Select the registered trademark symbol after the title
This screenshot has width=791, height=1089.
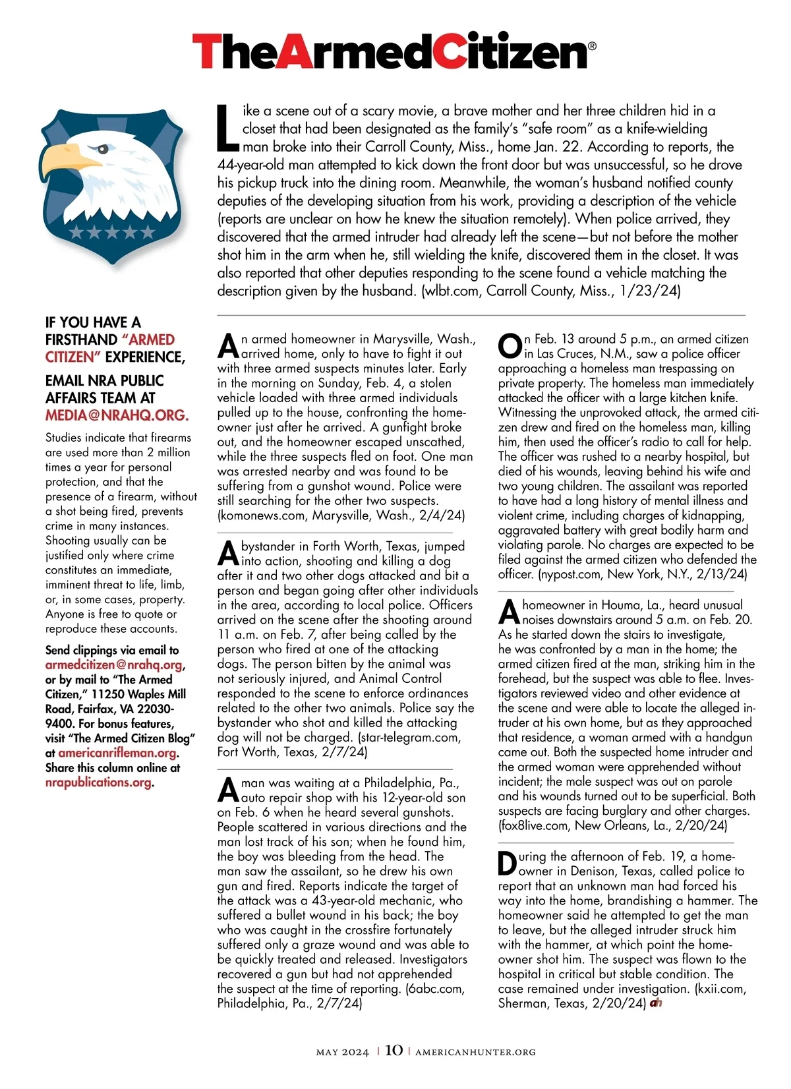tap(591, 46)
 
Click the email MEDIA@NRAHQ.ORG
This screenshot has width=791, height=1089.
tap(117, 415)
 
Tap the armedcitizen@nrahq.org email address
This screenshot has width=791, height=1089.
tap(114, 665)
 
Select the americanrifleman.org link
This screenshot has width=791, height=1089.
tap(117, 753)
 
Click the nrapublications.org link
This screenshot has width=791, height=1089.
tap(98, 782)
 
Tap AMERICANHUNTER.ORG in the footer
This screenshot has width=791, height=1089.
tap(475, 1052)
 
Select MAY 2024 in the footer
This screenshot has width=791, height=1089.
tap(342, 1052)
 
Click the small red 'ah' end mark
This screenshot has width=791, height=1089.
tap(656, 1003)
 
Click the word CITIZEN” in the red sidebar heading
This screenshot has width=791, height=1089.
tap(72, 357)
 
